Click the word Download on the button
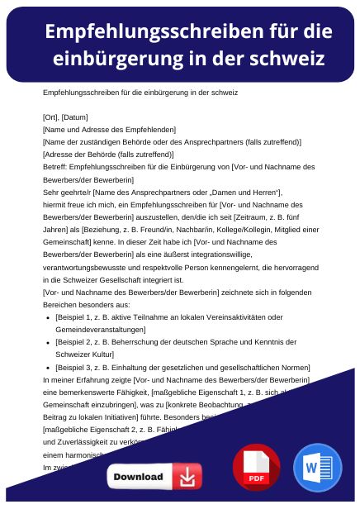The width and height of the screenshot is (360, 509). tap(138, 477)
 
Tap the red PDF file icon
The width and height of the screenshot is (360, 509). tap(256, 468)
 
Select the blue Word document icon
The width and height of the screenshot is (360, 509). tap(316, 468)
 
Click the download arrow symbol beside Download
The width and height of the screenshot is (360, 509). tap(187, 477)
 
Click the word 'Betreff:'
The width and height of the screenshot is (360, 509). tap(54, 167)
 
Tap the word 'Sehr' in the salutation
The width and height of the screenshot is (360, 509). tap(50, 192)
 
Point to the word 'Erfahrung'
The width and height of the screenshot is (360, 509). tap(87, 378)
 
